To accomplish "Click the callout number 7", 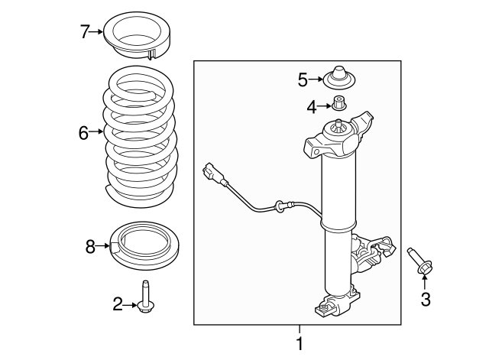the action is [85, 32].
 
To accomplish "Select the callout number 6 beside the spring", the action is [83, 133].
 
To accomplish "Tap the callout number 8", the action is [90, 247].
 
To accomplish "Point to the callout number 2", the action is [118, 304].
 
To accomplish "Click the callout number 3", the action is [426, 299].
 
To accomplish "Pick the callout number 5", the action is [303, 79].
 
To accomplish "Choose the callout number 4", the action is [311, 108].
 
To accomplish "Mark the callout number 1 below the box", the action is [300, 343].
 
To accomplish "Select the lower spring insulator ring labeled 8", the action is [144, 245].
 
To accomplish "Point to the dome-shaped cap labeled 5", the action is [339, 78].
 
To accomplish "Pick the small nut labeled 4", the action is [338, 103].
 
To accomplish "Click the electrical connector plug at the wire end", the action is [213, 173].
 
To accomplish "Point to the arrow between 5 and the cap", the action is [316, 79].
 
